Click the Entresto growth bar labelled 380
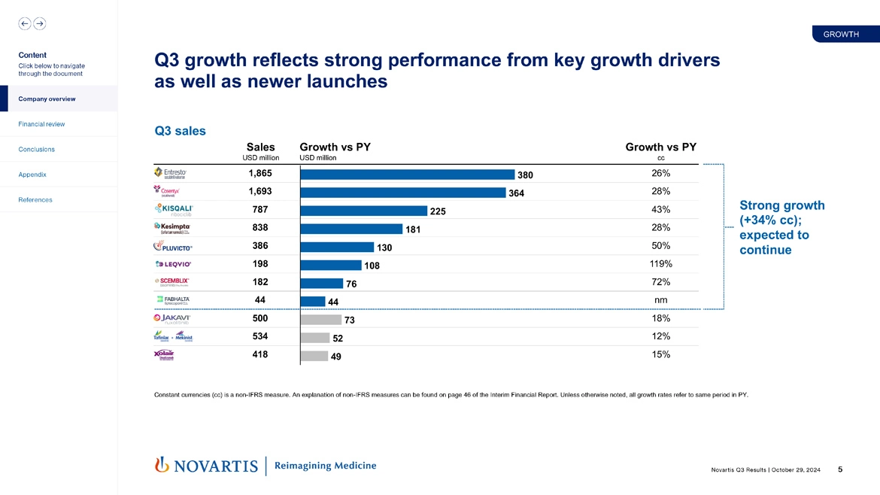click(407, 174)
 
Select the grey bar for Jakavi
click(320, 319)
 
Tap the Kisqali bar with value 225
click(363, 211)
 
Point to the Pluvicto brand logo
click(174, 246)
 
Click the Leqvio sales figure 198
click(260, 264)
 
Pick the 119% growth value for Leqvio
click(660, 264)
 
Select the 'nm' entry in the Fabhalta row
click(660, 300)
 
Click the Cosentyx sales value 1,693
click(260, 191)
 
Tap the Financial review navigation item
click(41, 124)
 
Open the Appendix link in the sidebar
click(32, 175)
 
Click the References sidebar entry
click(35, 200)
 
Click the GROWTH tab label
click(841, 35)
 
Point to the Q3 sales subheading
click(180, 131)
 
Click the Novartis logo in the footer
click(206, 466)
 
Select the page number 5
click(840, 469)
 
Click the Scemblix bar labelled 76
click(321, 283)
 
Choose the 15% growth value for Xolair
click(660, 354)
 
